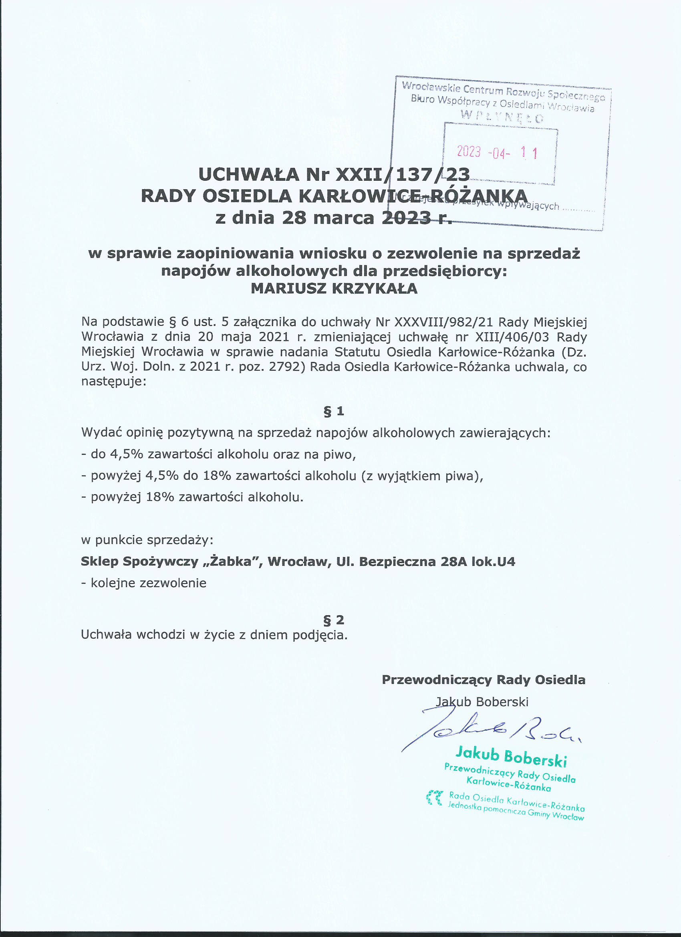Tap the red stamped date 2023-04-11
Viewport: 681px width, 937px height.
coord(497,152)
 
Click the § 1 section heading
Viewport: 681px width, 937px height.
coord(334,411)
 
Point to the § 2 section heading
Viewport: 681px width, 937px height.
coord(334,620)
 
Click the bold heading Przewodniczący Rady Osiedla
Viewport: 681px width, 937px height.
coord(483,680)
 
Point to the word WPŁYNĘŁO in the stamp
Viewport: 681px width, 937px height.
coord(502,117)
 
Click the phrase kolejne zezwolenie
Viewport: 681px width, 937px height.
coord(148,583)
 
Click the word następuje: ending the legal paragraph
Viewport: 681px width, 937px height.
coord(114,381)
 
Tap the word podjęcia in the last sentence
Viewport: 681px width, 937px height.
coord(319,634)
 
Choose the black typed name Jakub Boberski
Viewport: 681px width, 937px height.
coord(482,701)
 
